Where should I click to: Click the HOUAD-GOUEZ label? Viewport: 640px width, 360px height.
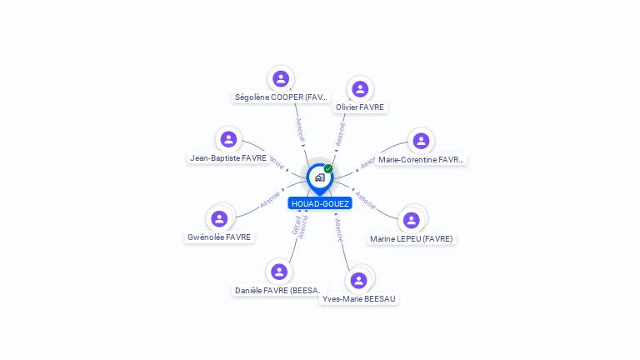point(320,203)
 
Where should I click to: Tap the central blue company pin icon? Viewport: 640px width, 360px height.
point(319,177)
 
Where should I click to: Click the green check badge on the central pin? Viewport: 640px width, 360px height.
point(328,169)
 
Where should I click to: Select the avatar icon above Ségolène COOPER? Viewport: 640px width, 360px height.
point(281,78)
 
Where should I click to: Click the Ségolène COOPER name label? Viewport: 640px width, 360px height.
point(282,97)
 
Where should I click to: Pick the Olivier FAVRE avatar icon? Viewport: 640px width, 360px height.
point(360,89)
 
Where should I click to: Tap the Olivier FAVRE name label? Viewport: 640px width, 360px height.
point(360,107)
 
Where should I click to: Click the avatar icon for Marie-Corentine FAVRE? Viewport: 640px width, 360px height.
point(421,141)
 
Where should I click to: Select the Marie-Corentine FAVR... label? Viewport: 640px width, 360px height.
point(421,159)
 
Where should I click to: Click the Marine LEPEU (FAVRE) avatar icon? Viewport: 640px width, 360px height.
point(411,220)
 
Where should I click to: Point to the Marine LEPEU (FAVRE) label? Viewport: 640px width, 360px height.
point(412,239)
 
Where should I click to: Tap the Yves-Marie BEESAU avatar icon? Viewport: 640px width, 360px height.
point(359,280)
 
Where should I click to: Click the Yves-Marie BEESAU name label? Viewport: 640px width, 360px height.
point(359,298)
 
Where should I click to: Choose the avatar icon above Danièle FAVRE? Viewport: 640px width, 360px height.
point(279,272)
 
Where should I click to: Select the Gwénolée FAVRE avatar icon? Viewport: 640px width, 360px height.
point(219,218)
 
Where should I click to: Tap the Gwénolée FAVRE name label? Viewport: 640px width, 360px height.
point(219,237)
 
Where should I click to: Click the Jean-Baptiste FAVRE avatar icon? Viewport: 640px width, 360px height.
point(228,139)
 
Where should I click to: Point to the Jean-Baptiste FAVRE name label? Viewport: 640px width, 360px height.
point(228,157)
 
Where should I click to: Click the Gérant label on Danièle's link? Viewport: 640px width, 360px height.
point(296,224)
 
